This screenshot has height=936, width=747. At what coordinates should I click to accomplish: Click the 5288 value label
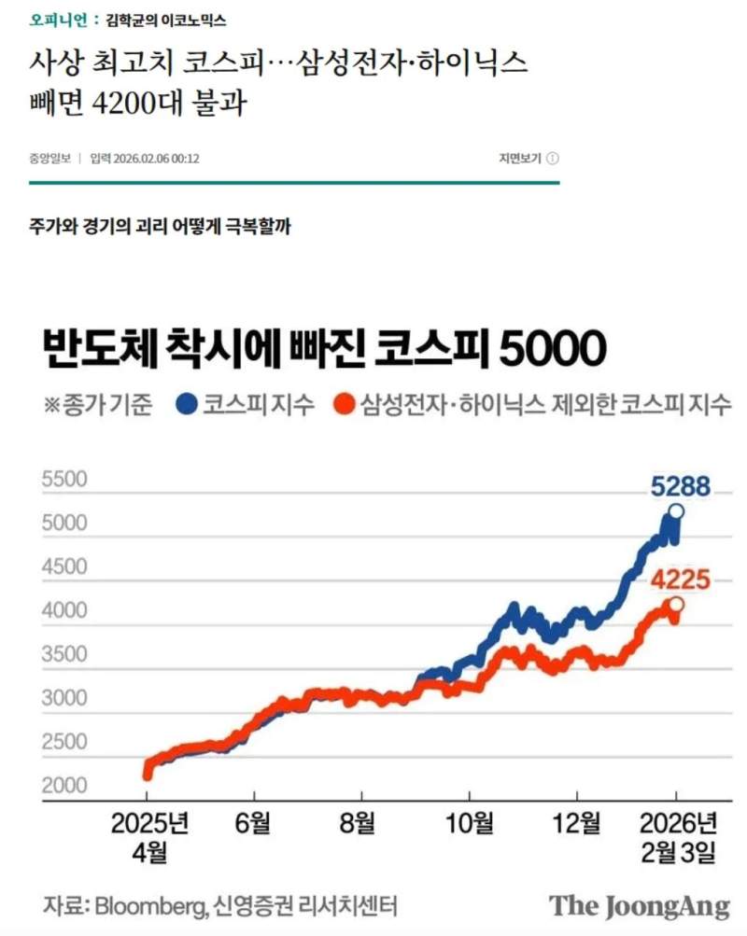point(680,487)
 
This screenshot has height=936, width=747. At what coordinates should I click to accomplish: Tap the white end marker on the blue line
point(677,511)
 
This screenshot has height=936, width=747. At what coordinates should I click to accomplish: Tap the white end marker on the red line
point(676,606)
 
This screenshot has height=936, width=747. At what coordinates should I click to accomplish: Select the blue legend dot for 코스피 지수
point(187,404)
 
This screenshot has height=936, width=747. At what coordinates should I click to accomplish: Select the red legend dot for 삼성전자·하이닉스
point(345,404)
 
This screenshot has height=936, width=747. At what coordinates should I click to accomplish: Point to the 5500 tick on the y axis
point(64,480)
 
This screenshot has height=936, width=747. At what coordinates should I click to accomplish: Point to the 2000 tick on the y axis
point(64,786)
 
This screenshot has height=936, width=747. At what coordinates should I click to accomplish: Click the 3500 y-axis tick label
point(64,654)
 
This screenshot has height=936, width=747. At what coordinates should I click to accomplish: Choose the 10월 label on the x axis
point(470,824)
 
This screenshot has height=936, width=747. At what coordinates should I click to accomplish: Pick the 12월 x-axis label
point(577,824)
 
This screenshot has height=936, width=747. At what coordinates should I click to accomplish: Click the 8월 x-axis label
point(361,824)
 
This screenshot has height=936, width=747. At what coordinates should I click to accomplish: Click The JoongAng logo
point(639,905)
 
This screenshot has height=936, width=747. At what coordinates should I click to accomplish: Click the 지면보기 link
point(520,159)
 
